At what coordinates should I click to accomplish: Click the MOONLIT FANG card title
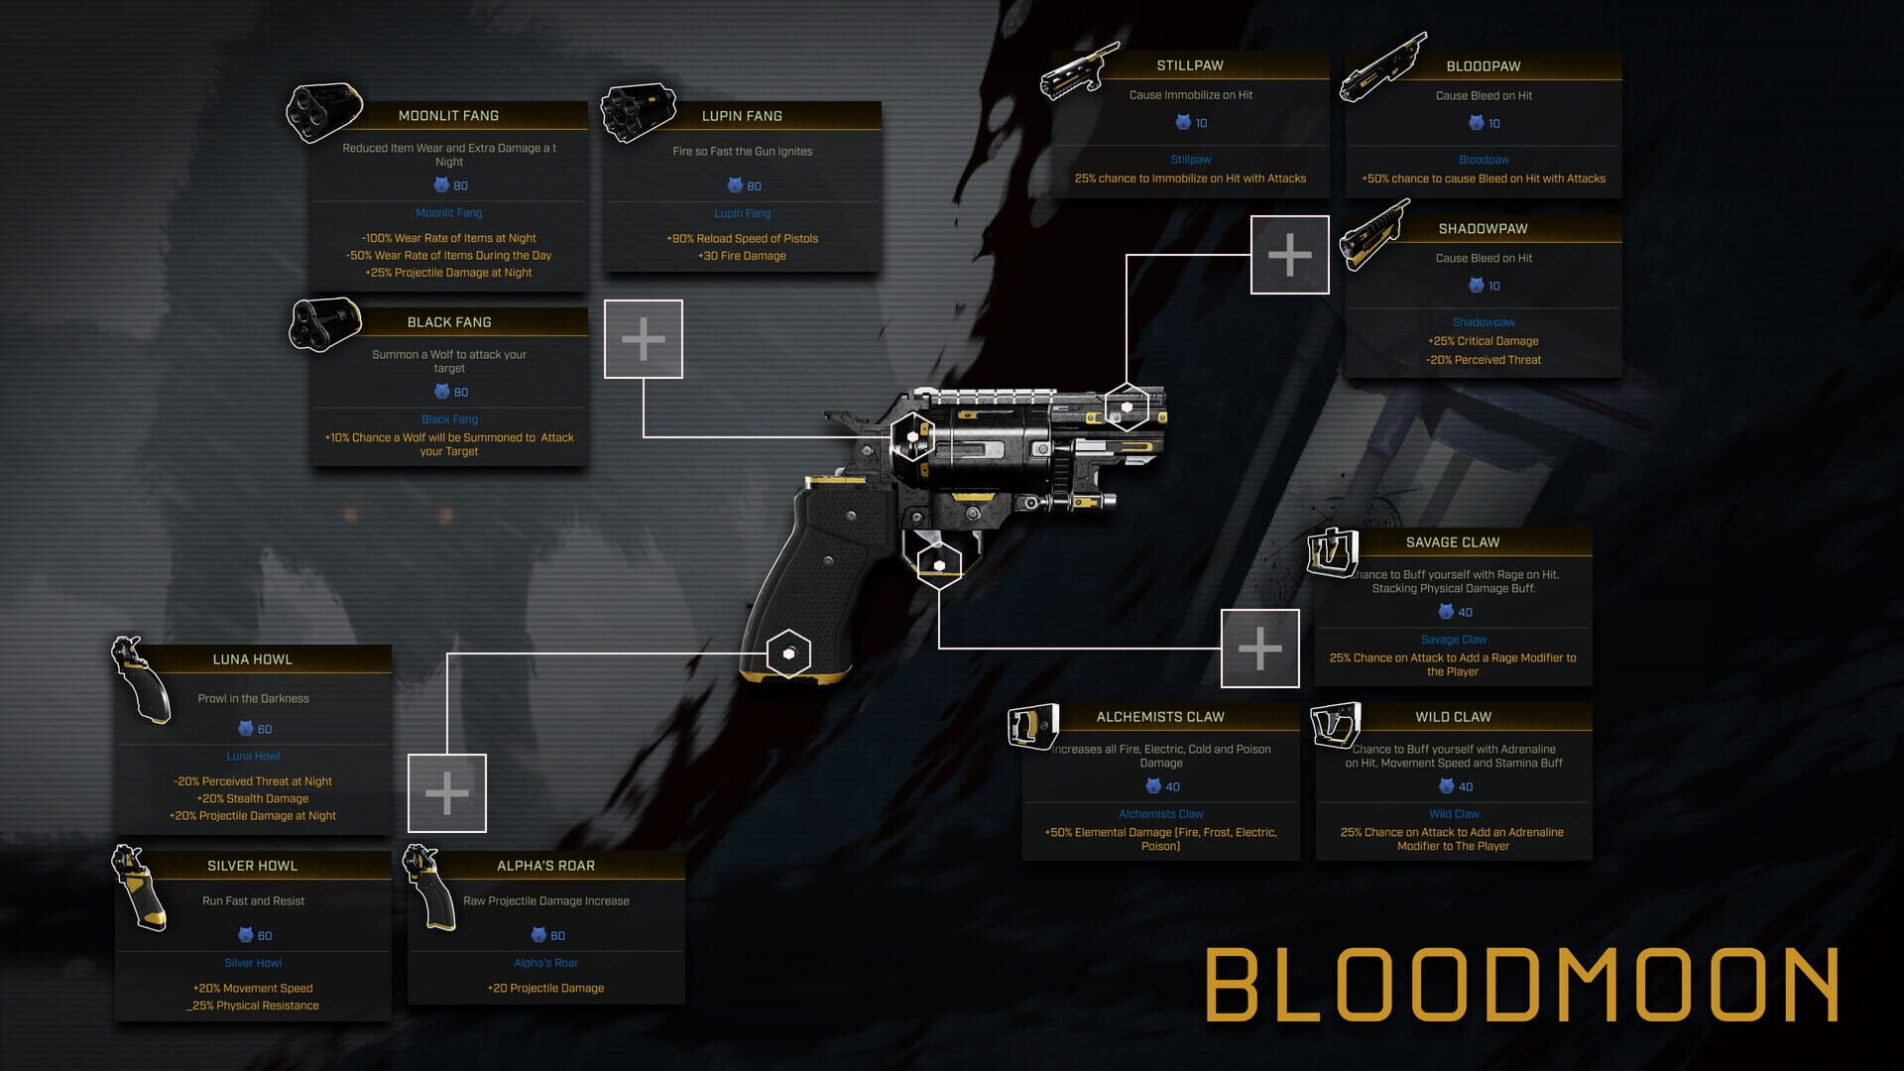(448, 116)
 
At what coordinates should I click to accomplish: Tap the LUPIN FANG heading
(742, 116)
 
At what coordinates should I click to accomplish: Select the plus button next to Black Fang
(644, 339)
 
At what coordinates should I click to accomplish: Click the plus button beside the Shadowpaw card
(1289, 255)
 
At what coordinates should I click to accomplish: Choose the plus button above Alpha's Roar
(447, 793)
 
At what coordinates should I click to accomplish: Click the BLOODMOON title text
(1522, 985)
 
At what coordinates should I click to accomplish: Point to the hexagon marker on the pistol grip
(788, 654)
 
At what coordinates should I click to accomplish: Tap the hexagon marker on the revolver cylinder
(912, 436)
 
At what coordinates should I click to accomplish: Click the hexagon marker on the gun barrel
(1127, 407)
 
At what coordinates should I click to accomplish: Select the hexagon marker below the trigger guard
(939, 565)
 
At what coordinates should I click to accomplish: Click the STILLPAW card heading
(1190, 65)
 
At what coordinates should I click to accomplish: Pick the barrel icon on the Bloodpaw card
(1383, 67)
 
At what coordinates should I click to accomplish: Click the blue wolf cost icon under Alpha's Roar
(538, 935)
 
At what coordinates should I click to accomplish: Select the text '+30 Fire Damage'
(742, 256)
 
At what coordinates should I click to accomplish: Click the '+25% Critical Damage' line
(1484, 341)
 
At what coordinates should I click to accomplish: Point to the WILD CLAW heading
(1453, 717)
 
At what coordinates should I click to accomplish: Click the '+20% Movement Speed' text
(253, 989)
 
